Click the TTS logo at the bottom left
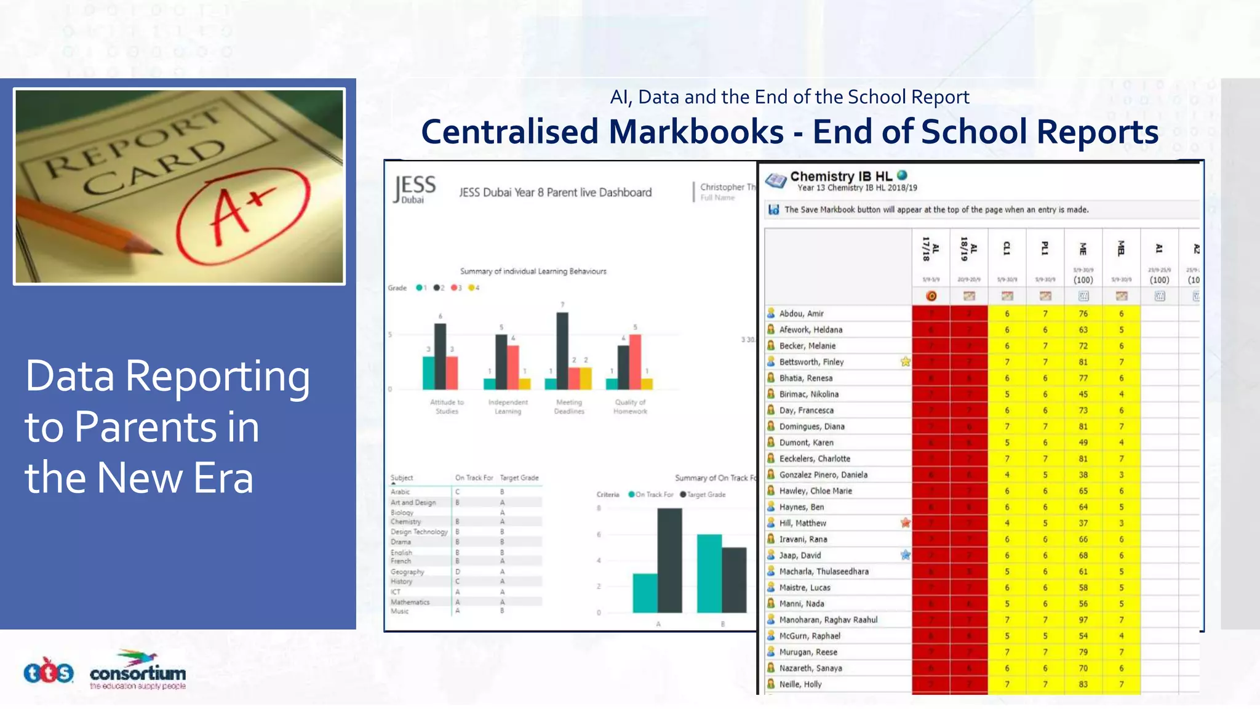[49, 673]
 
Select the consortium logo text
[138, 673]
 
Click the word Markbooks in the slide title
[696, 132]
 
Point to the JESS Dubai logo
[415, 188]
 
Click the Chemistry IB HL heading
[840, 177]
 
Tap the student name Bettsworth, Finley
[811, 362]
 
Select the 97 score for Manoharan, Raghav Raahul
[1083, 620]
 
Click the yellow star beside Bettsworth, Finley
[906, 362]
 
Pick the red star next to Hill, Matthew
[906, 523]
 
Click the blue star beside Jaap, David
[906, 555]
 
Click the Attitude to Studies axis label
[447, 407]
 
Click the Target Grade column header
[519, 478]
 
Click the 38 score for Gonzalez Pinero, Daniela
[1083, 475]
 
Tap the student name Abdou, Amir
[801, 313]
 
